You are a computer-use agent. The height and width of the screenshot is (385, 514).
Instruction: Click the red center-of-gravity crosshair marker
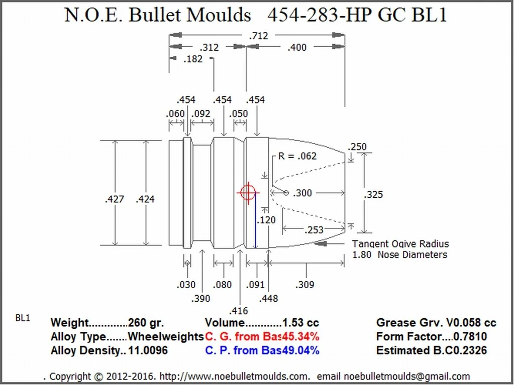tap(247, 192)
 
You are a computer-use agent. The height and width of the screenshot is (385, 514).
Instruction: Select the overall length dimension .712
tap(259, 36)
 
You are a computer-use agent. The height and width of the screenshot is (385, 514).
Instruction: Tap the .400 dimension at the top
tap(296, 48)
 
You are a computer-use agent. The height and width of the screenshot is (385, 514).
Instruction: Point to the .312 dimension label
tap(209, 48)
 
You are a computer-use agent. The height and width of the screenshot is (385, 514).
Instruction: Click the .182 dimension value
tap(193, 59)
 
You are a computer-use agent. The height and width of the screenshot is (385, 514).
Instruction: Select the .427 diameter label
tap(115, 199)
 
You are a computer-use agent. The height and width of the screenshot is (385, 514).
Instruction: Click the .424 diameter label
tap(145, 199)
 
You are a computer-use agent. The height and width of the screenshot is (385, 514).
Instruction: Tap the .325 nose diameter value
tap(374, 195)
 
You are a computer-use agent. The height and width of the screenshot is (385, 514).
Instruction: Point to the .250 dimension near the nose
tap(357, 147)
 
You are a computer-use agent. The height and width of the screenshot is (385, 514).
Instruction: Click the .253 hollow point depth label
tap(314, 230)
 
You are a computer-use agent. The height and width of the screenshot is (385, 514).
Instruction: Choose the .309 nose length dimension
tap(305, 285)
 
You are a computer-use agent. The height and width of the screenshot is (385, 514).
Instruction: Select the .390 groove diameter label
tap(200, 299)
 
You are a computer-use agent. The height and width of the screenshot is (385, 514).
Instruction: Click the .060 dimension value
tap(175, 114)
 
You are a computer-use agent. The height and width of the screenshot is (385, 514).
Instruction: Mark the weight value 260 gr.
tap(146, 323)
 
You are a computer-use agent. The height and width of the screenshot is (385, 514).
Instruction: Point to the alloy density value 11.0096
tap(148, 350)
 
